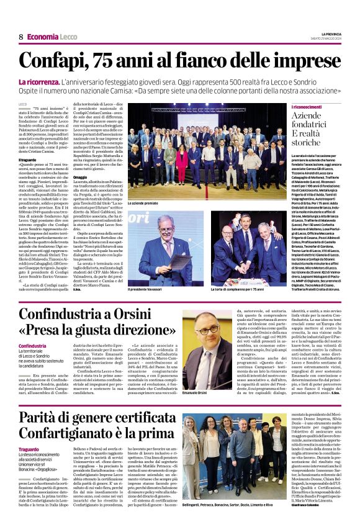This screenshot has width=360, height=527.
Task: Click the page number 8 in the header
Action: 21,37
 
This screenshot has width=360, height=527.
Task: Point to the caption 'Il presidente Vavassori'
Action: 149,289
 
